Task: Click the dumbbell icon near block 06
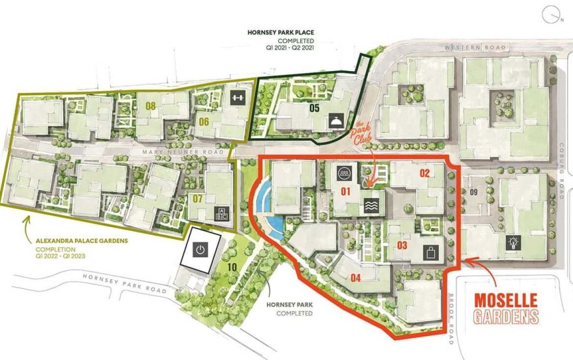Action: point(236,98)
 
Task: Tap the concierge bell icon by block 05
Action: point(336,121)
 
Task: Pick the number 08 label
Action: point(152,104)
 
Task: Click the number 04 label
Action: point(356,278)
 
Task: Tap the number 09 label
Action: point(473,192)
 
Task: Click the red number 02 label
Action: point(425,173)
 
